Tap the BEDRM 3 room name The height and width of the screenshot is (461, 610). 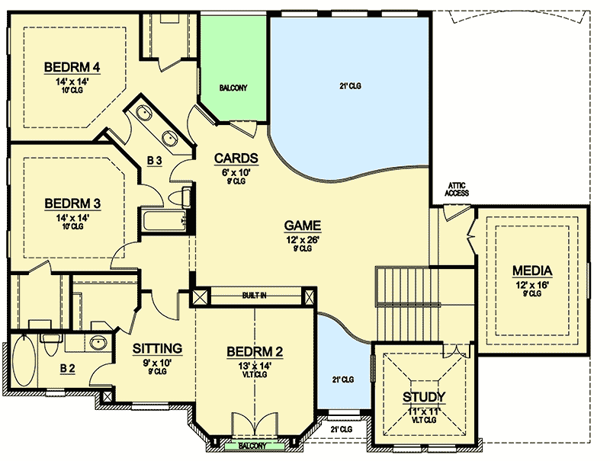(x=73, y=203)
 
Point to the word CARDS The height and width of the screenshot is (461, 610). (x=236, y=158)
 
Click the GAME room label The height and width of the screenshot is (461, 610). (x=302, y=226)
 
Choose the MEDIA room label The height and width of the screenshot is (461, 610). (x=532, y=271)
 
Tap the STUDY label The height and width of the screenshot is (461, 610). (x=425, y=397)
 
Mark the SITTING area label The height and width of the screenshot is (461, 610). (x=158, y=348)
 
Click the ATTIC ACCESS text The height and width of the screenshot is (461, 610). (x=457, y=190)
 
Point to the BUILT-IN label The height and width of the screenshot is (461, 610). (x=255, y=295)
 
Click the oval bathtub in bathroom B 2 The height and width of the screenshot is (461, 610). (x=23, y=364)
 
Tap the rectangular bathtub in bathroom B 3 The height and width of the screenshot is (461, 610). (x=162, y=222)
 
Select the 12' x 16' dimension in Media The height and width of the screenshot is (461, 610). (x=532, y=284)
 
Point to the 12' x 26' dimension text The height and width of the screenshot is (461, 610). (x=302, y=239)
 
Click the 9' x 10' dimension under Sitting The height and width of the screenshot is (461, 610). (x=158, y=362)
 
